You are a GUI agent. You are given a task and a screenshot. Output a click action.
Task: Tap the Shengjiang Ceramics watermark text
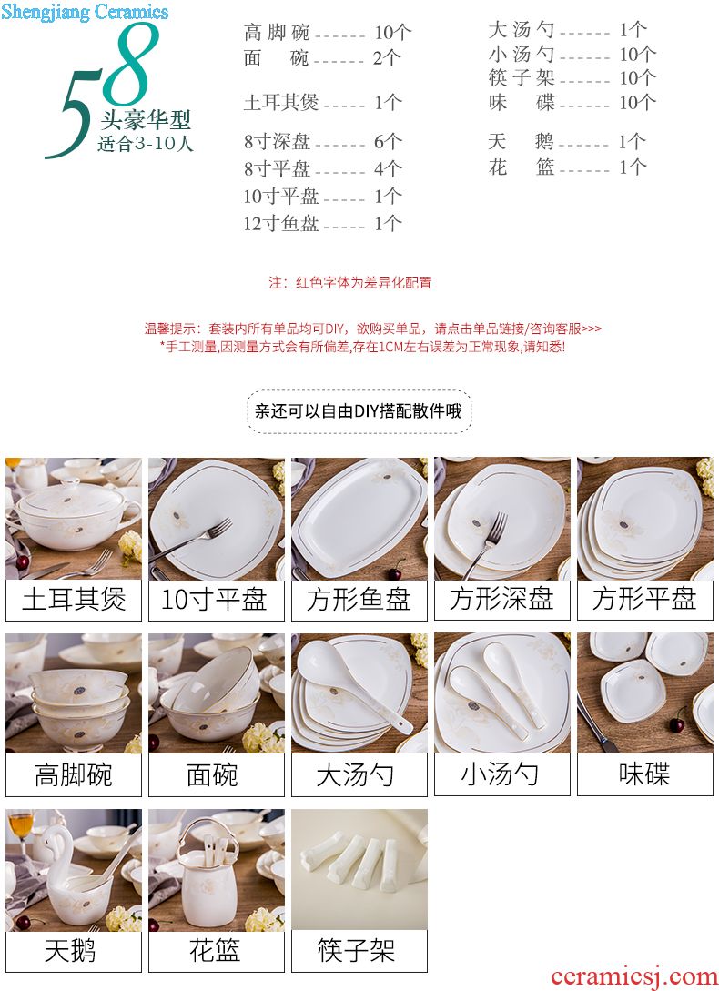[84, 12]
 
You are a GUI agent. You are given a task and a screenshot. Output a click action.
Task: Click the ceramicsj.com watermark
[633, 976]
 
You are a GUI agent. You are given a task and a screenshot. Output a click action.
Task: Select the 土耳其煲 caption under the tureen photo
[74, 600]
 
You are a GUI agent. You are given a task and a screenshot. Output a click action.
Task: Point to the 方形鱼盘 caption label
[359, 600]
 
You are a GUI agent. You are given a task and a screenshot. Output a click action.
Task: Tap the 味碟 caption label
[645, 774]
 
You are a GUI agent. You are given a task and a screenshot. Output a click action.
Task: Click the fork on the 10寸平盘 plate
[193, 541]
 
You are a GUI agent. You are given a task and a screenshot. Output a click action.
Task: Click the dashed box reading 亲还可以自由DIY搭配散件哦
[359, 411]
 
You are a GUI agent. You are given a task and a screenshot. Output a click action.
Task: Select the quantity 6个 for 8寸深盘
[388, 142]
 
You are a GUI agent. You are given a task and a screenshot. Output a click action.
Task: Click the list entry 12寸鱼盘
[280, 223]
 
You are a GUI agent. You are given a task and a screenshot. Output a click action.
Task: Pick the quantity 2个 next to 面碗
[387, 58]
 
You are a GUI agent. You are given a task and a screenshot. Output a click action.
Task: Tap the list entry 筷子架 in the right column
[522, 77]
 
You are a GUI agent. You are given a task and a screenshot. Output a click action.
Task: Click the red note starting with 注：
[350, 282]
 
